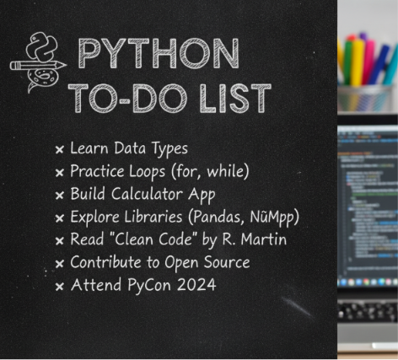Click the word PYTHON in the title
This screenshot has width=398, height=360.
click(x=159, y=54)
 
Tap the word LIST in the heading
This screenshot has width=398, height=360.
click(x=235, y=99)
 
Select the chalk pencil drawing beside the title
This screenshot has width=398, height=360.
click(x=38, y=66)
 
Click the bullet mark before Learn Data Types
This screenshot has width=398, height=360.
click(x=60, y=149)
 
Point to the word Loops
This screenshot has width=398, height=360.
click(x=147, y=172)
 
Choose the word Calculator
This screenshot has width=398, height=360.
click(x=147, y=194)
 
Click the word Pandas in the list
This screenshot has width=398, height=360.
click(x=216, y=218)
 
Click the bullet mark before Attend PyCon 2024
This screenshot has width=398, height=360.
click(x=60, y=287)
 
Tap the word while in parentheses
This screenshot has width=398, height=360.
click(x=228, y=171)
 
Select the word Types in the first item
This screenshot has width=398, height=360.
click(x=169, y=149)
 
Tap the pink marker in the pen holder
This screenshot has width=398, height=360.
click(x=368, y=62)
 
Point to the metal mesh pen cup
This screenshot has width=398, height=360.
click(x=364, y=99)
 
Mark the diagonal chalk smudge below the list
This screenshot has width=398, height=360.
click(x=297, y=307)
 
